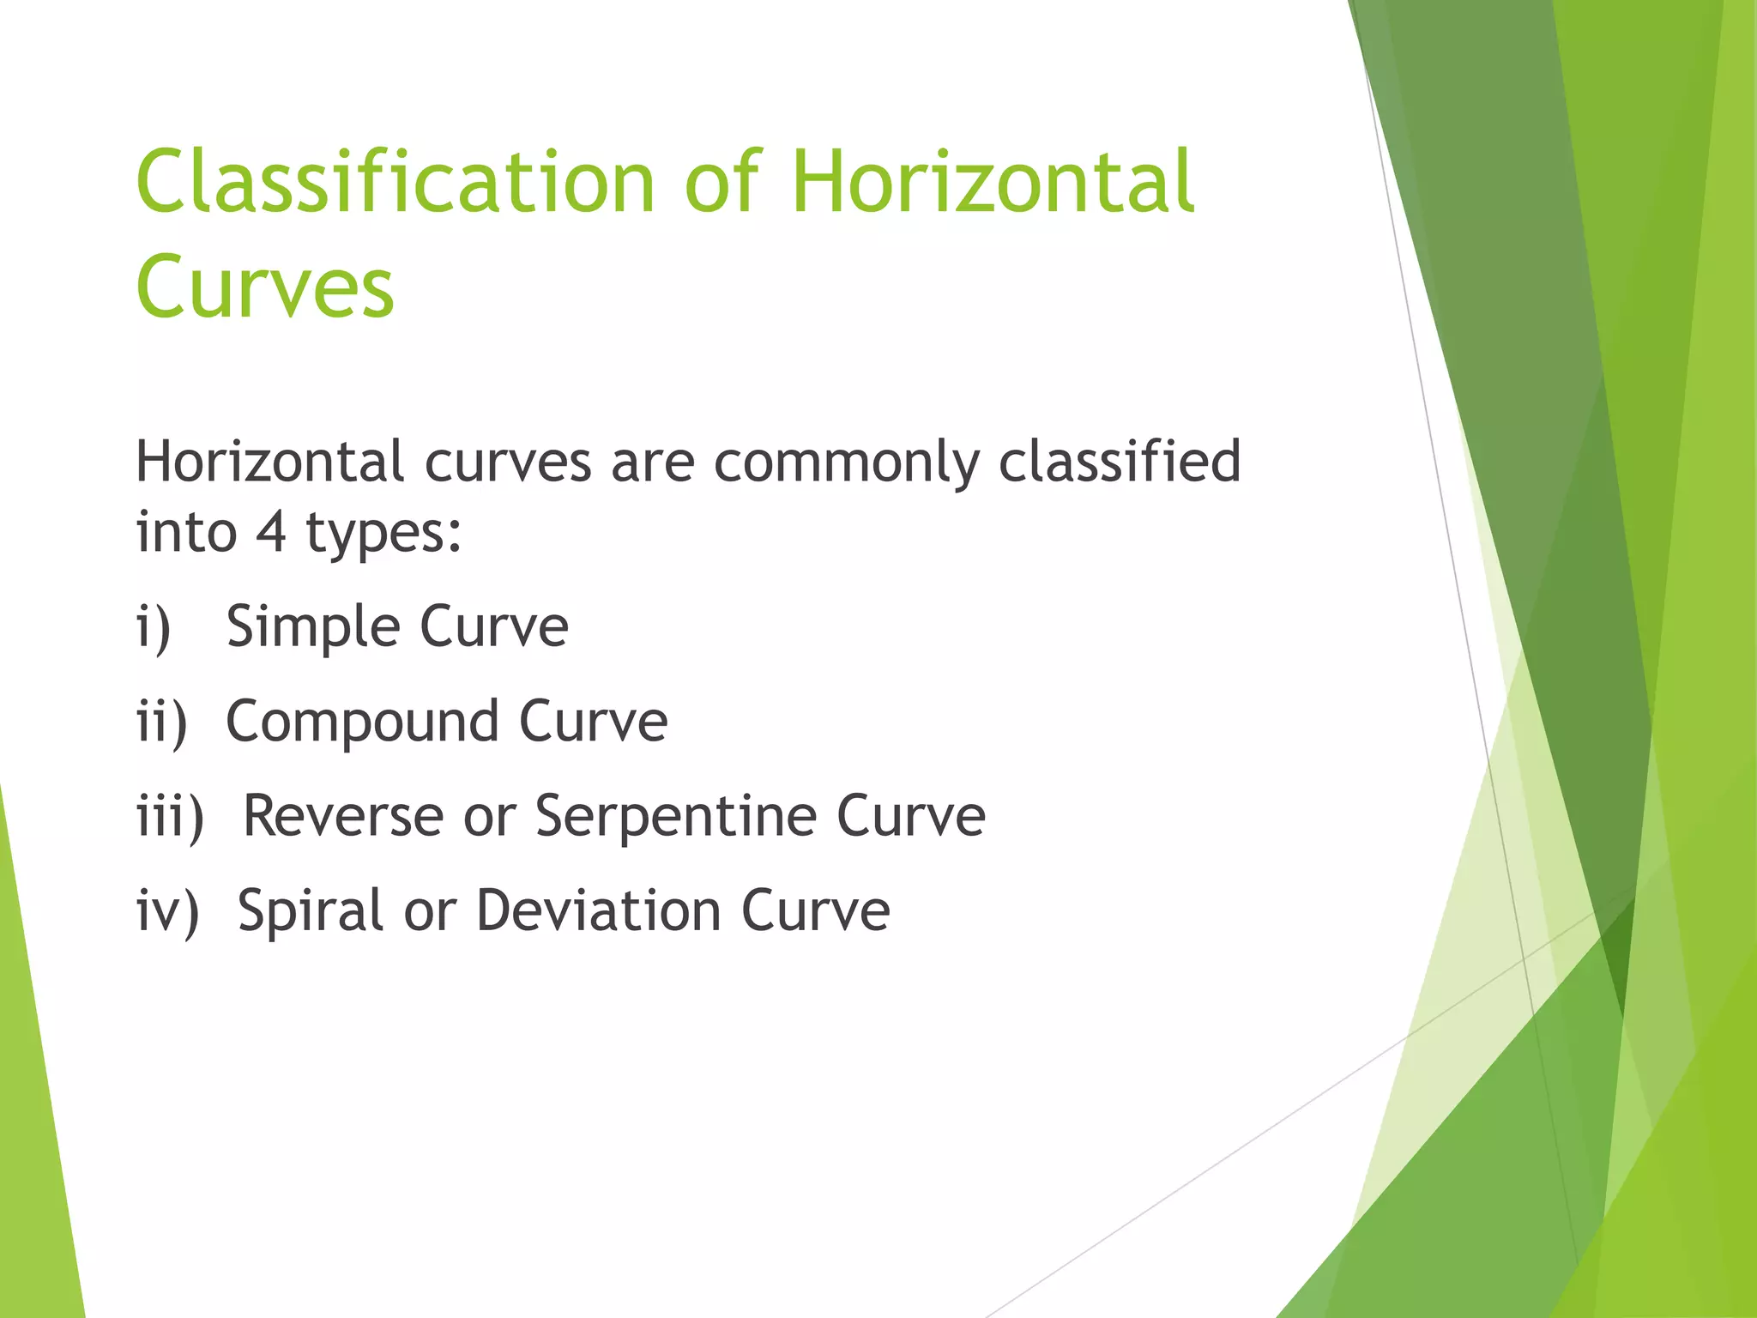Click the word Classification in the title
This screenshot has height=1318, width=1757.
coord(395,182)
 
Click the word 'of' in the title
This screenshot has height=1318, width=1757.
coord(722,182)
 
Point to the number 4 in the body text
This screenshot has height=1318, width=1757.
coord(270,531)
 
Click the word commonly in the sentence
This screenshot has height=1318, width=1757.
coord(846,463)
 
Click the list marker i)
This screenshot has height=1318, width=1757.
coord(154,626)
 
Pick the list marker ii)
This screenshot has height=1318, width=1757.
coord(162,721)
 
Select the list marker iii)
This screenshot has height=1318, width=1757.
coord(171,815)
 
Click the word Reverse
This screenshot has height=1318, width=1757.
coord(342,815)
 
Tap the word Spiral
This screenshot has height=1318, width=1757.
coord(310,911)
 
